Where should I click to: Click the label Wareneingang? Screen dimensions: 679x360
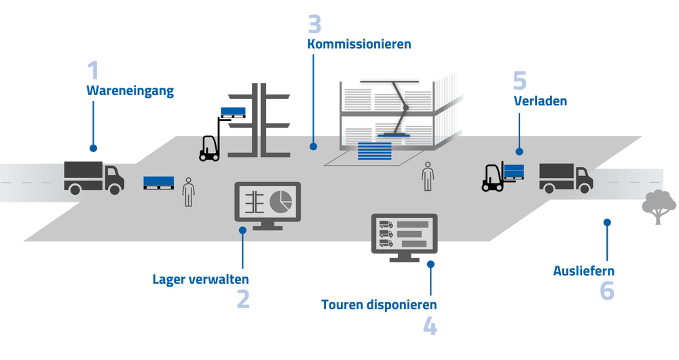pos(130,91)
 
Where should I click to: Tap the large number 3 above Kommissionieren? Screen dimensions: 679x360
pos(315,24)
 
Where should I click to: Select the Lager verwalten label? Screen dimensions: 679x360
pos(200,279)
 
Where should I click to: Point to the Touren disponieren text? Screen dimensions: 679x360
pos(379,305)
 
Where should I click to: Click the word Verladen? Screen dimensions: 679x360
pos(540,101)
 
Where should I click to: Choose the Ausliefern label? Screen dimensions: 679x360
pos(584,271)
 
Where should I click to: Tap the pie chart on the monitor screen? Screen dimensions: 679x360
pos(280,202)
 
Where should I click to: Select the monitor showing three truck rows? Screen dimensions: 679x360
pos(405,238)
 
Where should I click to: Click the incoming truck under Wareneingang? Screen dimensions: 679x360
pos(94,177)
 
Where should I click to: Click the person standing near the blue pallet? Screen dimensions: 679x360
pos(188,192)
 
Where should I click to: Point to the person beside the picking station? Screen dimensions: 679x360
pos(428,177)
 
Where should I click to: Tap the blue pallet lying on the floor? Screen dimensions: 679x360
pos(158,183)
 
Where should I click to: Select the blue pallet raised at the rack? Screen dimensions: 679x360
pos(233,113)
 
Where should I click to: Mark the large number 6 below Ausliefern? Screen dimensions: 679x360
pos(607,291)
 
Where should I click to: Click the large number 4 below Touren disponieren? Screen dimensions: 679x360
pos(430,326)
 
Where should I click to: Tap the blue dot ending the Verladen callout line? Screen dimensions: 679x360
pos(519,151)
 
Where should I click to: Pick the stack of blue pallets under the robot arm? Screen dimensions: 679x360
pos(375,151)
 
